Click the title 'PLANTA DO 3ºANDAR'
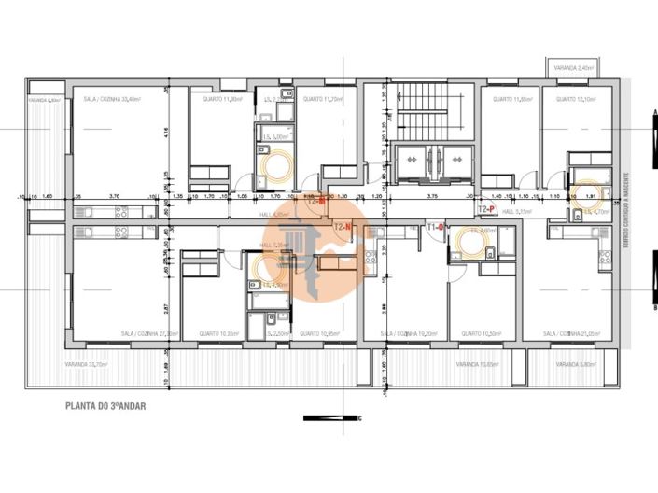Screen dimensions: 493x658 [105, 406]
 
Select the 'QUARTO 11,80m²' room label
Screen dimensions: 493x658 [224, 98]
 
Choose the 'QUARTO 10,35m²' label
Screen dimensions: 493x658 [218, 333]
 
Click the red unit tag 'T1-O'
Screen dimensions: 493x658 [434, 227]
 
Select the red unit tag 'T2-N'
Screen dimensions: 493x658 [342, 227]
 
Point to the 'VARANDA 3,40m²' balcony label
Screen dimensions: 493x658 [572, 68]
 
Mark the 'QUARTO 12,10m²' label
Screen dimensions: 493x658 [576, 98]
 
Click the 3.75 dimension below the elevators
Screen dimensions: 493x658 [432, 196]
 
